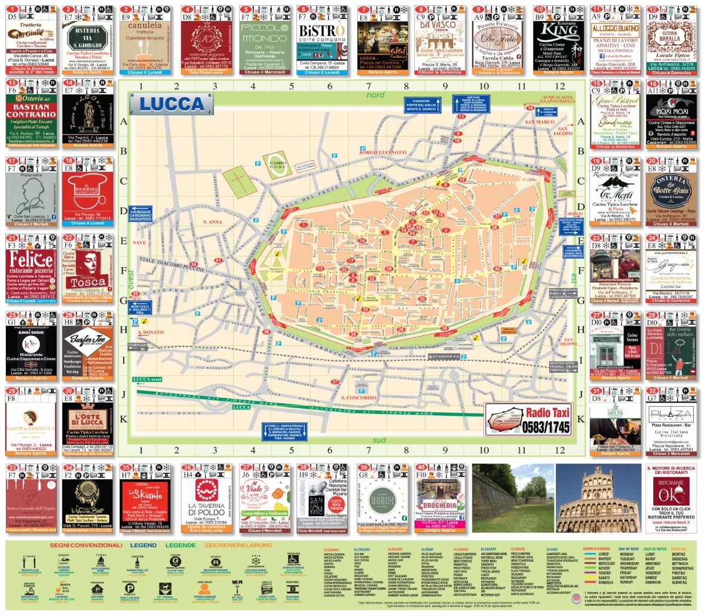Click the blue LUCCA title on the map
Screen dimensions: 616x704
tap(173, 103)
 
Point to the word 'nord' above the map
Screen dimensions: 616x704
tap(375, 95)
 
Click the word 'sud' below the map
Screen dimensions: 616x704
tap(378, 440)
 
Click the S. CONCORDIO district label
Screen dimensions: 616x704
tap(359, 397)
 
